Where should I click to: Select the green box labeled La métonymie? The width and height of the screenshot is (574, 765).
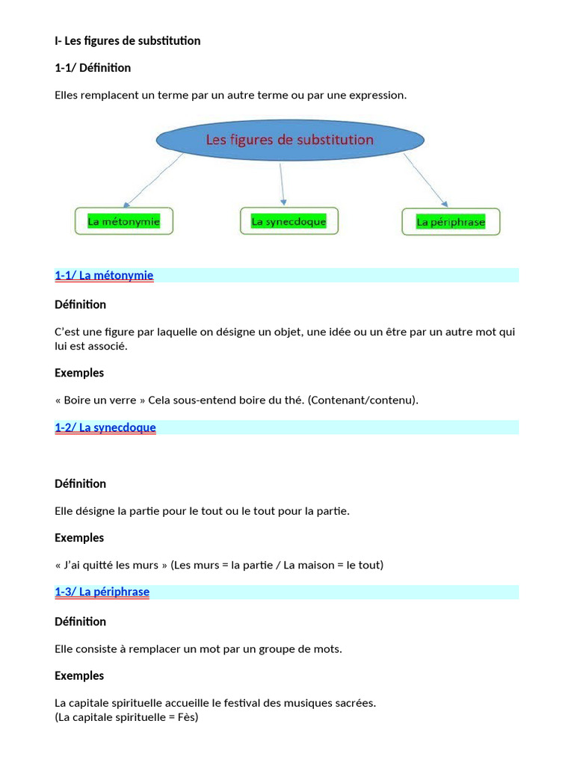click(x=123, y=222)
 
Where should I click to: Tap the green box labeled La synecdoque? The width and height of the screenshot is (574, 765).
click(x=288, y=221)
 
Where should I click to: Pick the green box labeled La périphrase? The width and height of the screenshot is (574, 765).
click(x=451, y=222)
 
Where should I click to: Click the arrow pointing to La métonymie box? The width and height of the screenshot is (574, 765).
click(x=153, y=180)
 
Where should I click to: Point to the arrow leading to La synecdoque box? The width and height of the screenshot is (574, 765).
click(x=282, y=183)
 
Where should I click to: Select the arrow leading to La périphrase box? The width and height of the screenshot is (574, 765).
click(x=425, y=180)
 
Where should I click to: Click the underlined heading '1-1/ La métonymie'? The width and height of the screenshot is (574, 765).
click(x=104, y=276)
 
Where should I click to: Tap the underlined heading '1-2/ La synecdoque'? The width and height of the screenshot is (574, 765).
click(x=105, y=427)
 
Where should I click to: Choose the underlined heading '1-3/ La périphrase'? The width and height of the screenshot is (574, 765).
click(x=102, y=592)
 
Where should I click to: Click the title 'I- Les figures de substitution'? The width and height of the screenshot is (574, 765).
click(x=128, y=41)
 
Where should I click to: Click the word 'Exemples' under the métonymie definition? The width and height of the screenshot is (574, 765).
click(x=79, y=373)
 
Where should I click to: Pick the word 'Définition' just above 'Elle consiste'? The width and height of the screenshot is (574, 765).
click(x=80, y=622)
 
